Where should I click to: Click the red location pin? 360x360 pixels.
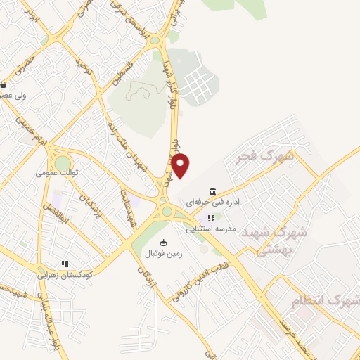coord(181,165)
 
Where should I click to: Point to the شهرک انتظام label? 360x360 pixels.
coord(325,302)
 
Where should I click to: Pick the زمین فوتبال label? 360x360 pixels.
coord(163,252)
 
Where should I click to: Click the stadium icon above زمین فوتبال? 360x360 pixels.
coord(163,243)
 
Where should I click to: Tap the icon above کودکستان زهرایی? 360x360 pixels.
coord(64,264)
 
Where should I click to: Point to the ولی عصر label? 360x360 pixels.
coord(13,95)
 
